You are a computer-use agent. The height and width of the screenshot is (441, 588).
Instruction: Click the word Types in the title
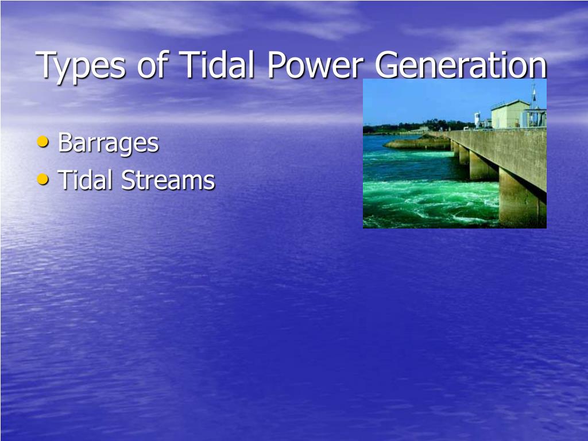click(80, 65)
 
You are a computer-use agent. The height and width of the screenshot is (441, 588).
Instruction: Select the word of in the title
click(152, 65)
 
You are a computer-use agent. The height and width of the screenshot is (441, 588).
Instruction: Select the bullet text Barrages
click(108, 142)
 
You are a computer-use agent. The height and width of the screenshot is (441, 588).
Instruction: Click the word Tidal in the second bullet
click(86, 180)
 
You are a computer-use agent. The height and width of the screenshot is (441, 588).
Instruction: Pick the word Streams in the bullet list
click(168, 180)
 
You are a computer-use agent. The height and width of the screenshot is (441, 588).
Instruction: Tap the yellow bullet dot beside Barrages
click(42, 141)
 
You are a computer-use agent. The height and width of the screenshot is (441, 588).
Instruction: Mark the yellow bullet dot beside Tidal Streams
click(42, 179)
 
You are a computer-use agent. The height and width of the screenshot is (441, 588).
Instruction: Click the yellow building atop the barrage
click(509, 114)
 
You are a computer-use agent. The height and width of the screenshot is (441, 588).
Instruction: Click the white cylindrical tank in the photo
click(477, 119)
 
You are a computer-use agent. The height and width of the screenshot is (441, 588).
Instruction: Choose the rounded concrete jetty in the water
click(416, 143)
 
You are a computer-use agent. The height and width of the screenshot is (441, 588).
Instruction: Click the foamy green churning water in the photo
click(431, 198)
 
